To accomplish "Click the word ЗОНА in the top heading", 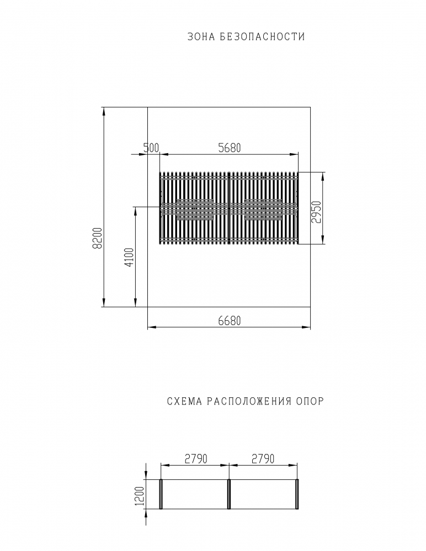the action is pyautogui.click(x=201, y=36).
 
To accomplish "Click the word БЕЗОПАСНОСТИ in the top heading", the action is pyautogui.click(x=262, y=36).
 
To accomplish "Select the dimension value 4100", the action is pyautogui.click(x=129, y=257).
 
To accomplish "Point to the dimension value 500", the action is pyautogui.click(x=151, y=148).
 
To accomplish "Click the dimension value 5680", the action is pyautogui.click(x=230, y=148).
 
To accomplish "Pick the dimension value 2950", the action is pyautogui.click(x=317, y=212).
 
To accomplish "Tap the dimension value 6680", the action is pyautogui.click(x=230, y=321).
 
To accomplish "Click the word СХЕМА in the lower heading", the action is pyautogui.click(x=184, y=401).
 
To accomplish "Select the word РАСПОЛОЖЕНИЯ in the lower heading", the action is pyautogui.click(x=249, y=401).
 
